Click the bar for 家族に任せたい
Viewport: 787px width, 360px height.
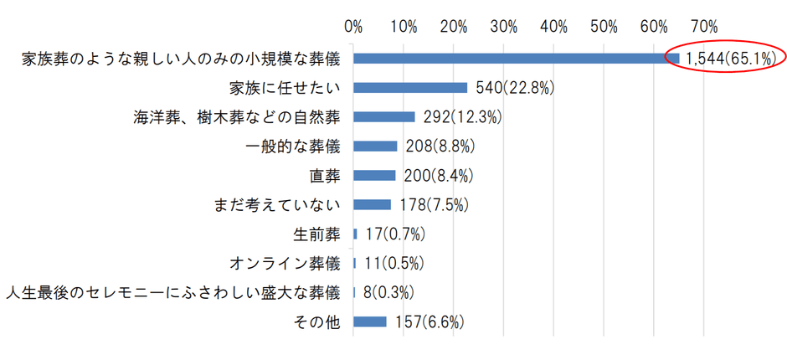tap(410, 87)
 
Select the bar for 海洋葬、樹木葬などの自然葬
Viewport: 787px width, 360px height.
tap(384, 116)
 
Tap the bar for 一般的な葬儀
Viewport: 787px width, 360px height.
tap(375, 146)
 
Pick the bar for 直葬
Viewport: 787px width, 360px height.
tap(374, 175)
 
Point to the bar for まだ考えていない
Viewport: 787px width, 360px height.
tap(373, 204)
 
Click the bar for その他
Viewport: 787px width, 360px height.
tap(370, 321)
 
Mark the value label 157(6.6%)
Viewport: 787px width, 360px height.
tap(429, 321)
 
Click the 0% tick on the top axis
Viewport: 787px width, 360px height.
tap(353, 26)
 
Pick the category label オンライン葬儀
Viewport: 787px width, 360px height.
tap(285, 263)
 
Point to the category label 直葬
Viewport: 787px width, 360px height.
tap(327, 175)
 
